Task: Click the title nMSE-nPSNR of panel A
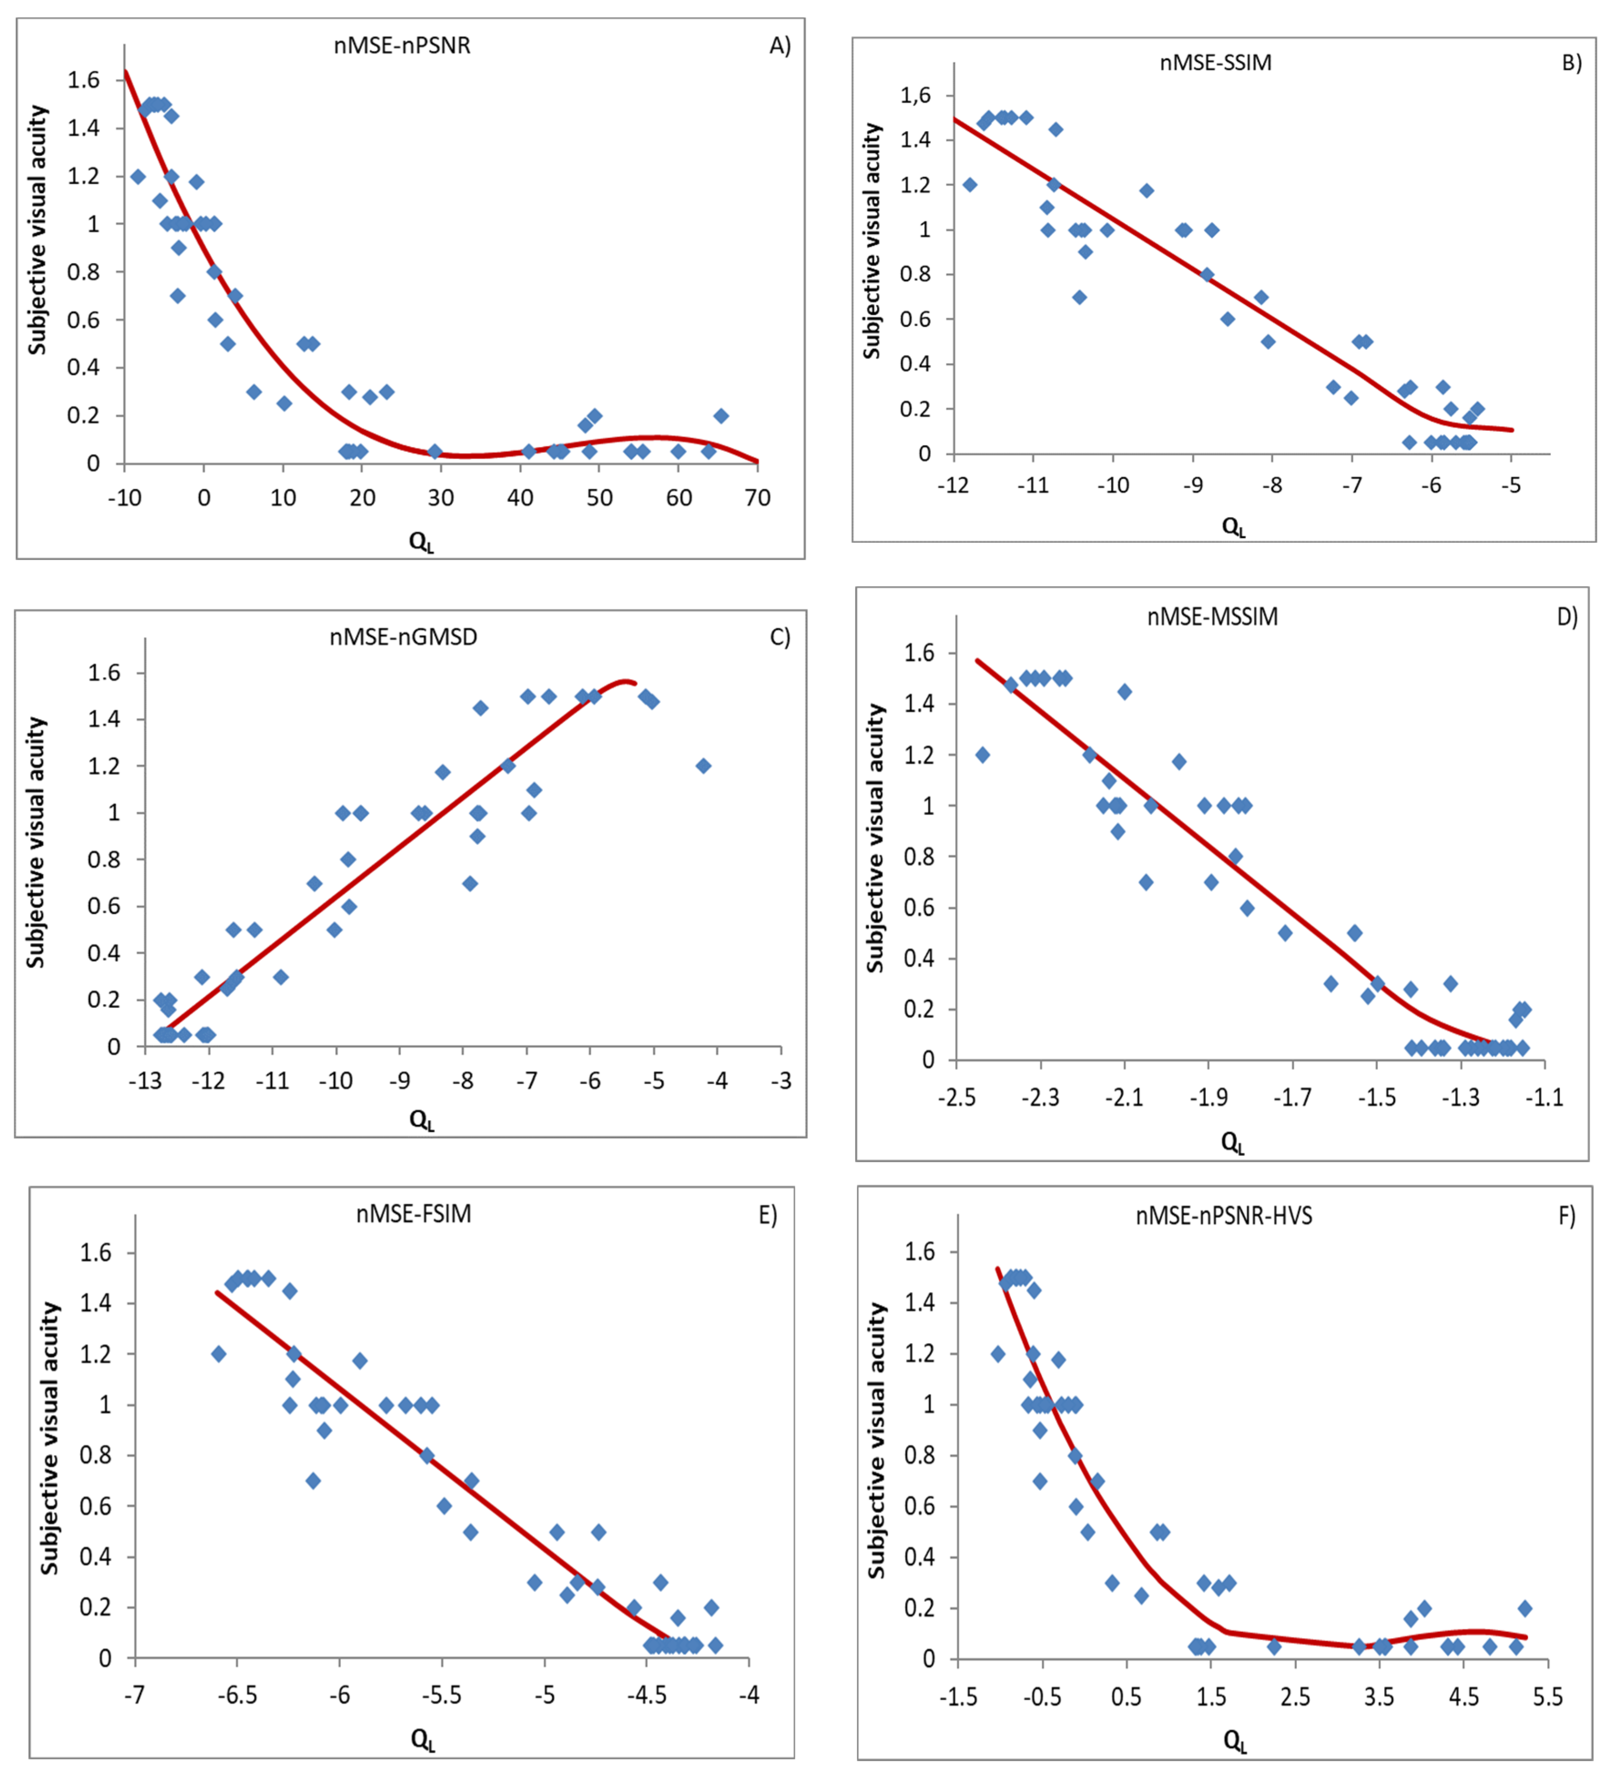tap(402, 45)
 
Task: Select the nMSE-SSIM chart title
tap(1215, 63)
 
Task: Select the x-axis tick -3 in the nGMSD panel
tap(781, 1080)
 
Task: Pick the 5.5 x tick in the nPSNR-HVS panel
tap(1547, 1697)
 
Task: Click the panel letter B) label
tap(1571, 63)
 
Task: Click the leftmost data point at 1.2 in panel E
tap(219, 1354)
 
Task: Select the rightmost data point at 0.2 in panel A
tap(722, 416)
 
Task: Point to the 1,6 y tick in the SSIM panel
tap(915, 96)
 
